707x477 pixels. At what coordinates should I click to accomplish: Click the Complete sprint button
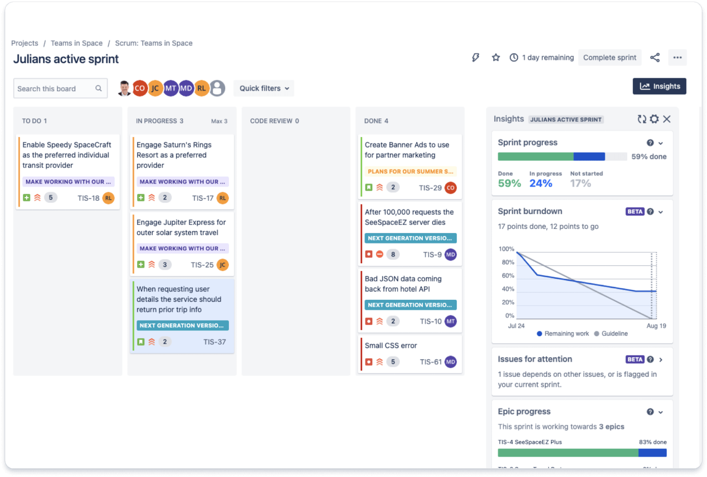click(610, 57)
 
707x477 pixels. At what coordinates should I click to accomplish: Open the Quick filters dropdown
click(264, 88)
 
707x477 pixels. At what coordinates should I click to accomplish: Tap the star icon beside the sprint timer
click(496, 57)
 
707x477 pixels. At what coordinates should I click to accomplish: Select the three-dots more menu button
click(677, 57)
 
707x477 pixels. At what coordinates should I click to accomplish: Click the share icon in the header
click(655, 57)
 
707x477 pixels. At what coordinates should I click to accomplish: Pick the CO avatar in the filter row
click(140, 88)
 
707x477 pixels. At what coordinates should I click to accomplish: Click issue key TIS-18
click(88, 198)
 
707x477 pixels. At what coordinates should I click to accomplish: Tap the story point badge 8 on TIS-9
click(393, 254)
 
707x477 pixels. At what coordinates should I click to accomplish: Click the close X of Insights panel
click(667, 119)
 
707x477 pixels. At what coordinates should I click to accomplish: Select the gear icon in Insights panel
click(654, 119)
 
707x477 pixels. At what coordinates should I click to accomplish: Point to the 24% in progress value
click(541, 184)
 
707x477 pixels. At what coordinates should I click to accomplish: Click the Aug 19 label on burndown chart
click(656, 326)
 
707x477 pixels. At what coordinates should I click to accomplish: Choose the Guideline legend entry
click(614, 334)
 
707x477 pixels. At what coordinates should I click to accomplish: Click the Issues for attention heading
click(535, 359)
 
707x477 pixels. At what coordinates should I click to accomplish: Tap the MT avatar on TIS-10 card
click(450, 321)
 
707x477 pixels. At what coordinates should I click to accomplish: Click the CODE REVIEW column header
click(274, 121)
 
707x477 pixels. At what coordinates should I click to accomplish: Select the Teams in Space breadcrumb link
click(77, 43)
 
